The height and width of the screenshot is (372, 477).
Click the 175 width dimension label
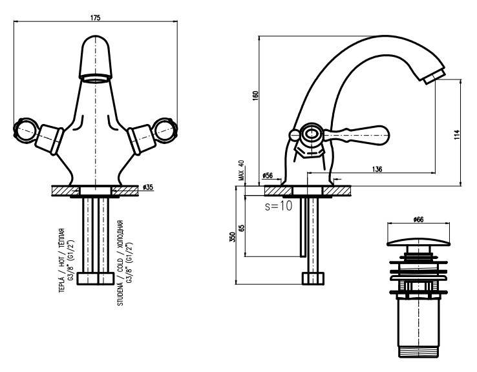click(x=95, y=18)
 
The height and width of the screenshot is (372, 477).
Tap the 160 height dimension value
click(x=255, y=94)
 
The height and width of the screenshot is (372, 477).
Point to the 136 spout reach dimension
click(x=378, y=169)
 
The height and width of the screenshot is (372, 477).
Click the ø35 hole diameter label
click(x=147, y=187)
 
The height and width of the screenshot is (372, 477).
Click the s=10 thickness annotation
click(x=279, y=207)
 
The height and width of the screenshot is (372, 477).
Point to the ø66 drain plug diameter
click(x=418, y=220)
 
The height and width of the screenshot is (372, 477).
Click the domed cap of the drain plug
click(x=418, y=243)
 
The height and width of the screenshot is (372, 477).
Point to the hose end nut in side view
click(x=313, y=278)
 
